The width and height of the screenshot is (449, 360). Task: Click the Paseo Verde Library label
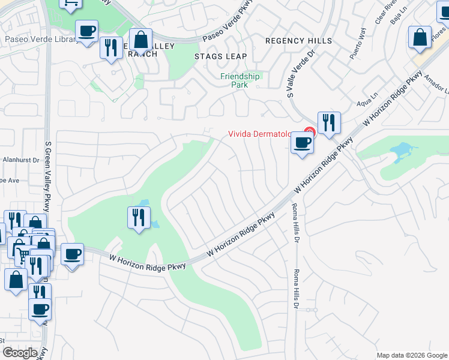click(x=40, y=40)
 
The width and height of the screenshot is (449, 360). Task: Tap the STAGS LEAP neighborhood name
click(x=220, y=56)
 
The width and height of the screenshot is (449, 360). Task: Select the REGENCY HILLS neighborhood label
click(x=299, y=40)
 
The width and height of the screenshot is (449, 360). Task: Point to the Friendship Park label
click(x=240, y=80)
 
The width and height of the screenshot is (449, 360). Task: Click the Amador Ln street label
click(x=436, y=85)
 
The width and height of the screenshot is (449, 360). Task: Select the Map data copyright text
click(x=411, y=355)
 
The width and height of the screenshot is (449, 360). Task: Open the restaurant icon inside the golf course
click(x=139, y=217)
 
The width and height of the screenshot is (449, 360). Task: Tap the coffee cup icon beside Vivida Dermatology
click(x=302, y=143)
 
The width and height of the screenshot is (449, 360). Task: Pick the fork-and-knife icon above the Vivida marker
click(x=328, y=123)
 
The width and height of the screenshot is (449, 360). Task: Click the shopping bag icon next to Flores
click(x=420, y=37)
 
